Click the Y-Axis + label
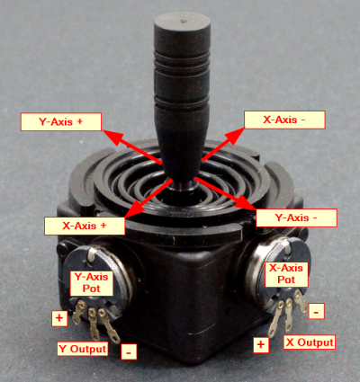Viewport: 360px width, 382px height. (61, 120)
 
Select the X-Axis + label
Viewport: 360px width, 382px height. (85, 225)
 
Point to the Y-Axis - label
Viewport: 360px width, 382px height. (296, 218)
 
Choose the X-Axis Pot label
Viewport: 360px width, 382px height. (286, 273)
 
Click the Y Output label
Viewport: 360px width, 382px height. (83, 349)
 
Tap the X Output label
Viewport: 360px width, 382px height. (309, 342)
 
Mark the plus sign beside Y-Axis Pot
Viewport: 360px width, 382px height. (59, 318)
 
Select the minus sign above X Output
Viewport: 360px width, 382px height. (317, 311)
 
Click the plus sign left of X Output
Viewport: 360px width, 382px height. (262, 344)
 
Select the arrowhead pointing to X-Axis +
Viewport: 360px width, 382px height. (129, 214)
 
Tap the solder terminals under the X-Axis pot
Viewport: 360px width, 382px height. (286, 311)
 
